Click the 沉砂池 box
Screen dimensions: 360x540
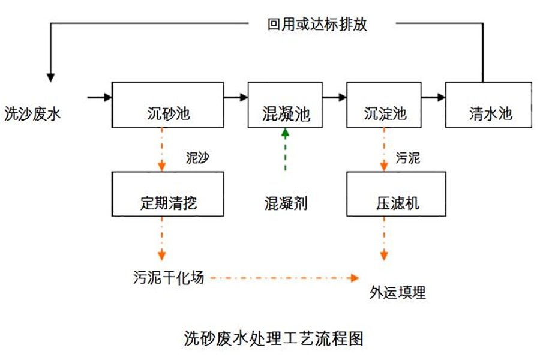167,104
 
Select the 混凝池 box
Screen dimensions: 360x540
285,104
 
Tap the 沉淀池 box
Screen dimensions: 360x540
385,104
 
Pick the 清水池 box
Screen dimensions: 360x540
488,104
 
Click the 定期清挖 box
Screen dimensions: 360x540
167,193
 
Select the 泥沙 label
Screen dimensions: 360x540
198,158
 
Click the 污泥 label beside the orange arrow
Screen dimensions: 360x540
408,158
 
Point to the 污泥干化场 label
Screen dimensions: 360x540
169,278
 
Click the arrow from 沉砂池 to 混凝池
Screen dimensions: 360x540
235,96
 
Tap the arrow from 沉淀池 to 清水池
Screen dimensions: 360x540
434,96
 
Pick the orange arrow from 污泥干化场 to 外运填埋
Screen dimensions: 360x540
282,278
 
